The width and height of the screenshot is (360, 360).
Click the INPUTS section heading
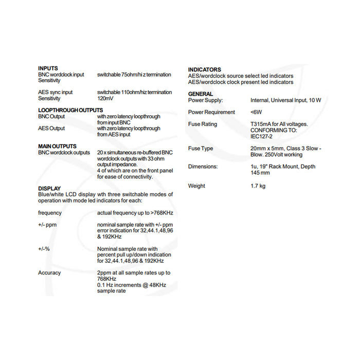[48, 68]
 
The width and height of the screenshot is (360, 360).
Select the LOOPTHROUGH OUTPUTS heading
[70, 110]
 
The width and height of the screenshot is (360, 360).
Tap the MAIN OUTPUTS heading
[57, 146]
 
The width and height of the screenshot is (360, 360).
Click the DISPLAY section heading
[49, 188]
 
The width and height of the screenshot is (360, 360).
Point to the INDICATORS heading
[205, 69]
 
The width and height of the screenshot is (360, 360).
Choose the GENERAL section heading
[201, 94]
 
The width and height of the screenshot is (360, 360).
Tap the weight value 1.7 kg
[258, 186]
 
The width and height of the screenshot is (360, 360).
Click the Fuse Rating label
[203, 124]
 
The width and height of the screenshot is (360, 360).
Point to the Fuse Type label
[201, 149]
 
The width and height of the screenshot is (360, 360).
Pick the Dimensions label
[203, 167]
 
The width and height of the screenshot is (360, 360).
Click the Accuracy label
[49, 273]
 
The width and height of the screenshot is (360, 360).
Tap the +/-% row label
[44, 249]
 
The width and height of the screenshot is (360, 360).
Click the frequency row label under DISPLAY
[50, 212]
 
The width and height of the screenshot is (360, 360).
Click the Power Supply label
[206, 100]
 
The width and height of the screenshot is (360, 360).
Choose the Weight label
[197, 186]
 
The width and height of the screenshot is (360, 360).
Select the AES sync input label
[56, 92]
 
